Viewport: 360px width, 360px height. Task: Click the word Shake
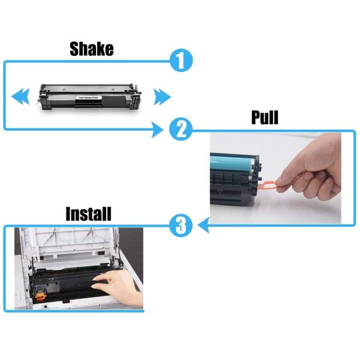tap(91, 49)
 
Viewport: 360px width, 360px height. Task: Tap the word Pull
tap(265, 117)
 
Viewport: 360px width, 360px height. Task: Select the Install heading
tap(88, 214)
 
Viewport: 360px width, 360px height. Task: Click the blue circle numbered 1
tap(181, 61)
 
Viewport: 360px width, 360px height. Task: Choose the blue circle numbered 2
tap(181, 129)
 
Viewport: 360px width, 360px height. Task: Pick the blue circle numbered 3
tap(181, 226)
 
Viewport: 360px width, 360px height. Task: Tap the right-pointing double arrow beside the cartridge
tap(161, 95)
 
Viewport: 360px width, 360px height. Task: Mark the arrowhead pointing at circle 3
tap(203, 226)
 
